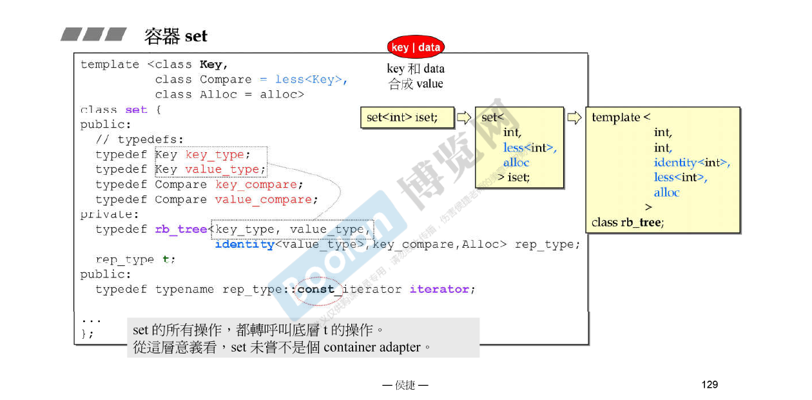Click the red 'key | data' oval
[416, 47]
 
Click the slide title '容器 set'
[176, 36]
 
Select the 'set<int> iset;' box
[406, 117]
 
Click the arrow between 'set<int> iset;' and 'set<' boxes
[464, 117]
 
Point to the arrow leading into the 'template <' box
[574, 117]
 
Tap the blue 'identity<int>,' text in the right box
[691, 163]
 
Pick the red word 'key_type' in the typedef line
[215, 155]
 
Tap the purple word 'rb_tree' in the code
[181, 230]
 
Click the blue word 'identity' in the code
[244, 245]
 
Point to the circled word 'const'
[316, 289]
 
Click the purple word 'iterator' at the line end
[439, 289]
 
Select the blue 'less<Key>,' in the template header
[311, 79]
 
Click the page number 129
[710, 385]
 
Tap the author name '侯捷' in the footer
[405, 386]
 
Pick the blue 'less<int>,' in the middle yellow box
[530, 148]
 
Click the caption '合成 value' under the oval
[416, 84]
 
